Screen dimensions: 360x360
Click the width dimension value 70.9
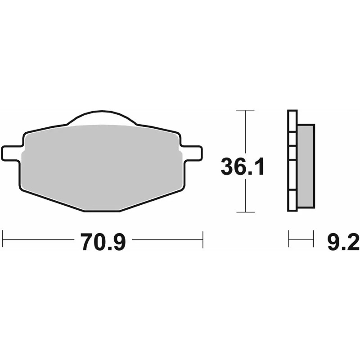(103, 242)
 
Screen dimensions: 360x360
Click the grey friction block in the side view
(306, 166)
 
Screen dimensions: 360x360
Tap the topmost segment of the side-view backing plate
(292, 121)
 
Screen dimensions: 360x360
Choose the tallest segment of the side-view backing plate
(292, 175)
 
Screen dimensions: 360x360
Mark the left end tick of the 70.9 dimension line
(3, 239)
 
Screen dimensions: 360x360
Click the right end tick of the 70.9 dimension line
(203, 239)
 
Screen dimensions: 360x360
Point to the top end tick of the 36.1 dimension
(245, 111)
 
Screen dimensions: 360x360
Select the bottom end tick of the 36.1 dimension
(245, 211)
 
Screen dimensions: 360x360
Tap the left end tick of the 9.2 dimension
(289, 239)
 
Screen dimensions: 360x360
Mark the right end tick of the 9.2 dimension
(313, 239)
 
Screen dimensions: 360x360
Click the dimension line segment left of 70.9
(38, 239)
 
